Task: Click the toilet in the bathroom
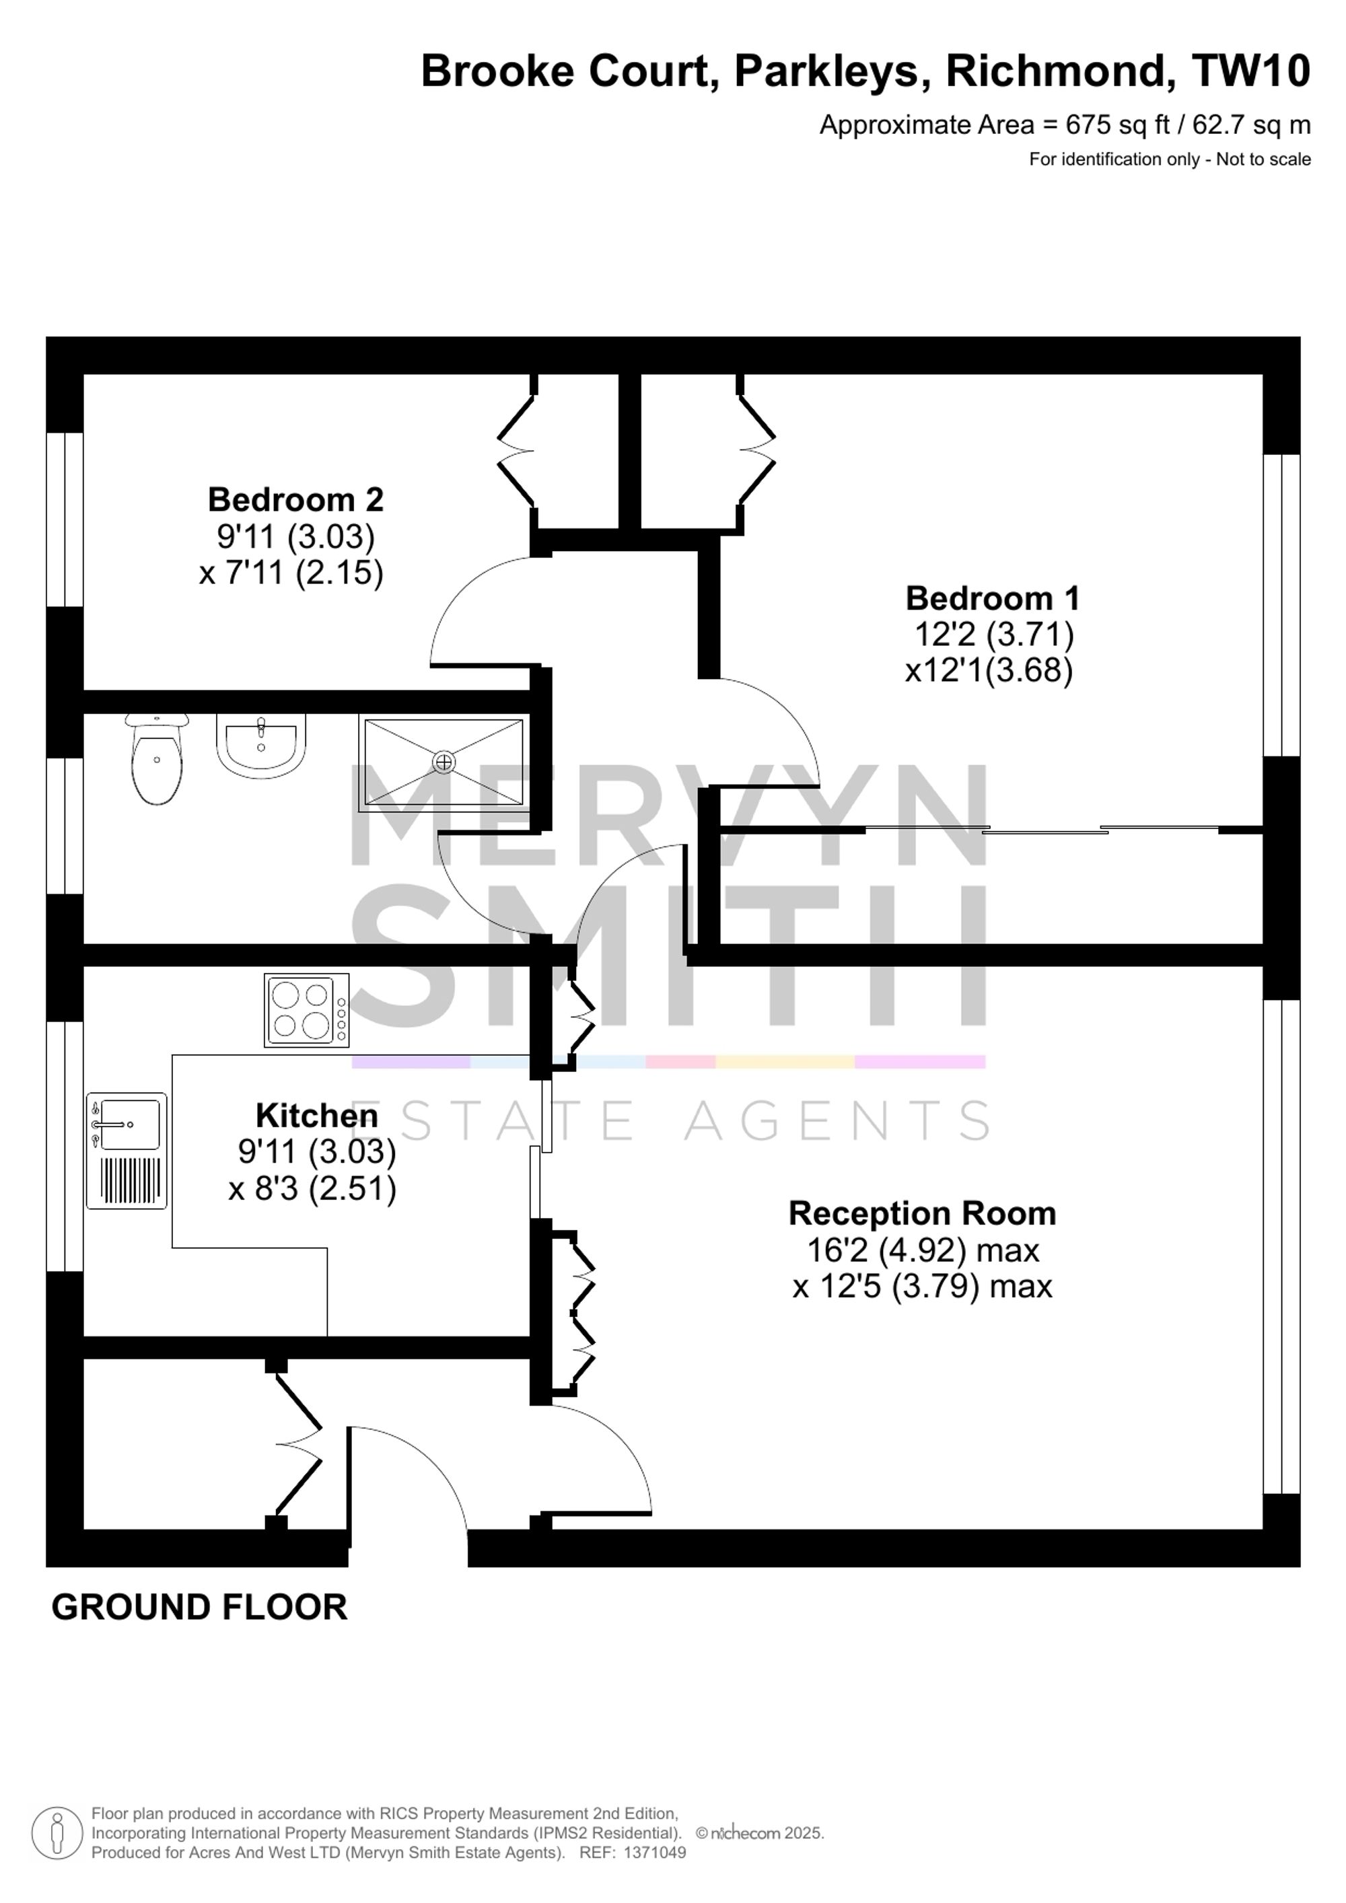[x=157, y=759]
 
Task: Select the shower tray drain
[x=445, y=761]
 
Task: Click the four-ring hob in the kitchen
[x=307, y=1010]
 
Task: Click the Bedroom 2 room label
[x=296, y=500]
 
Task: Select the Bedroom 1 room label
[x=993, y=598]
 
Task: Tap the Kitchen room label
[x=316, y=1116]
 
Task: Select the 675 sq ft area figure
[x=1117, y=125]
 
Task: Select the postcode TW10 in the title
[x=1250, y=71]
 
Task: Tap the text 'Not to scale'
[x=1263, y=159]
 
